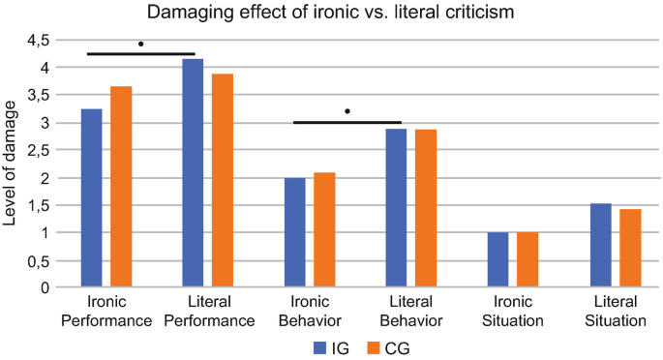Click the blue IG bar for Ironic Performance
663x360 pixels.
(x=91, y=198)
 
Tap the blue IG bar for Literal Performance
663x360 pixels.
(x=193, y=173)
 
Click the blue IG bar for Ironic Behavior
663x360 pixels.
(x=294, y=232)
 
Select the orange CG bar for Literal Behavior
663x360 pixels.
(x=426, y=208)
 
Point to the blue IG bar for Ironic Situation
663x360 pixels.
(x=497, y=259)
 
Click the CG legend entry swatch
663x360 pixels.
(x=374, y=345)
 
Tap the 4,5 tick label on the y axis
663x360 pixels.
(x=37, y=41)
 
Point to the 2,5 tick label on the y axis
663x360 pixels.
(x=37, y=151)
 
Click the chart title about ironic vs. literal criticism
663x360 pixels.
(x=331, y=14)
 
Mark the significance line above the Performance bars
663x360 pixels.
(x=141, y=54)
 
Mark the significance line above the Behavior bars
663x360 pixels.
(x=347, y=123)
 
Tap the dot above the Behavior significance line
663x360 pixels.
(x=347, y=111)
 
